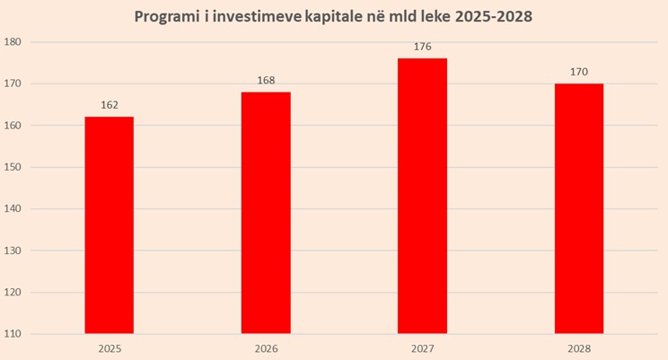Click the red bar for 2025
tap(110, 224)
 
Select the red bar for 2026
tap(266, 213)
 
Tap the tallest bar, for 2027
tap(422, 196)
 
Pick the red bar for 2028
tap(578, 208)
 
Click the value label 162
tap(110, 104)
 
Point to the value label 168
tap(266, 80)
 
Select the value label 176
tap(422, 47)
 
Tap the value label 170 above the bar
tap(578, 72)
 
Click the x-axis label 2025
tap(110, 347)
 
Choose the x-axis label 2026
tap(266, 347)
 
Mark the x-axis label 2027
tap(422, 347)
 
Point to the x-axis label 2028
tap(578, 347)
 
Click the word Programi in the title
tap(167, 17)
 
